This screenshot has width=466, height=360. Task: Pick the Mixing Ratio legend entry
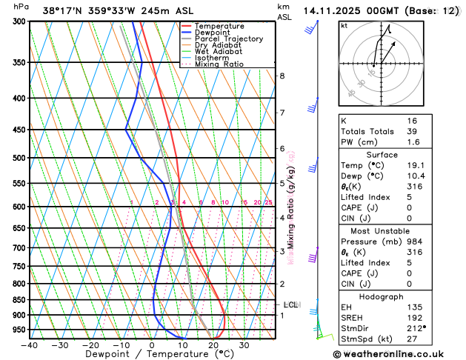(219, 64)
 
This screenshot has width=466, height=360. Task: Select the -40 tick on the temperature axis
(30, 345)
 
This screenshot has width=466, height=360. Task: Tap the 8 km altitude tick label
(282, 76)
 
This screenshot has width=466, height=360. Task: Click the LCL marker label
(291, 304)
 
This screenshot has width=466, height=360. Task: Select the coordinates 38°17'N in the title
(63, 10)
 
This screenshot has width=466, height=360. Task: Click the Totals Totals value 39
(412, 131)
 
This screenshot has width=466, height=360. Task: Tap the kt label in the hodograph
(344, 26)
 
